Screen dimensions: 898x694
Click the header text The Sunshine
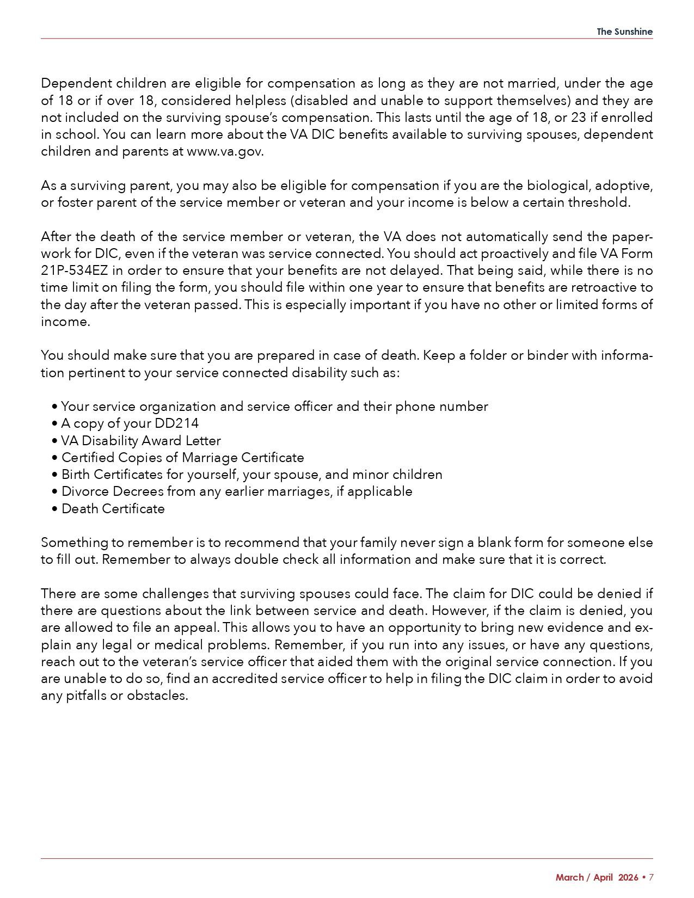624,32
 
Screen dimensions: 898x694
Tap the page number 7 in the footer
650,877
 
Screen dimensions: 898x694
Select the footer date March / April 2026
597,877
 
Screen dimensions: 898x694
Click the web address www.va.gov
225,151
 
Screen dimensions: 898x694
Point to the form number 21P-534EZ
73,270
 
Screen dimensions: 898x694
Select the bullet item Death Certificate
113,509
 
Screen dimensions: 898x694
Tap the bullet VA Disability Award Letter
141,441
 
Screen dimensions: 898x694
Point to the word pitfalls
73,696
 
